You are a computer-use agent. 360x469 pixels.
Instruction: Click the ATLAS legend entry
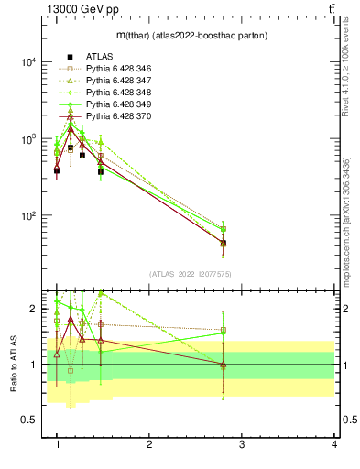tap(100, 57)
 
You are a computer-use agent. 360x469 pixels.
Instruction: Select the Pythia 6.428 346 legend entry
tap(121, 69)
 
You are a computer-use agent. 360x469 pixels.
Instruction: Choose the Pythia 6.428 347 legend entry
tap(121, 81)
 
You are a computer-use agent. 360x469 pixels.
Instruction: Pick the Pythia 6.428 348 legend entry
tap(121, 93)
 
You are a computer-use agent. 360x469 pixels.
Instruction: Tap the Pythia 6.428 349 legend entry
tap(121, 104)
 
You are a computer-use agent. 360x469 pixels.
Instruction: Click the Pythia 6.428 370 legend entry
tap(121, 116)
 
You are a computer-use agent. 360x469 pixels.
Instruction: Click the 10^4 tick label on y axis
tap(28, 62)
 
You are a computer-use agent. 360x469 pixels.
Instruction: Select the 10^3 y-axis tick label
tap(28, 139)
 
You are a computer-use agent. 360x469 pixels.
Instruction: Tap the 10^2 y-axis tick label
tap(28, 216)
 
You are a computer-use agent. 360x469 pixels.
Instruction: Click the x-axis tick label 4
tap(334, 444)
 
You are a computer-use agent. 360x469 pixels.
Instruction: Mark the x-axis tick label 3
tap(242, 444)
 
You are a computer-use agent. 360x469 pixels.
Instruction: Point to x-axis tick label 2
tap(149, 444)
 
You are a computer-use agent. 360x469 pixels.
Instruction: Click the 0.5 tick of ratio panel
tap(28, 420)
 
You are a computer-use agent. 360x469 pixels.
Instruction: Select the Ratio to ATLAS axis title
tap(13, 365)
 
